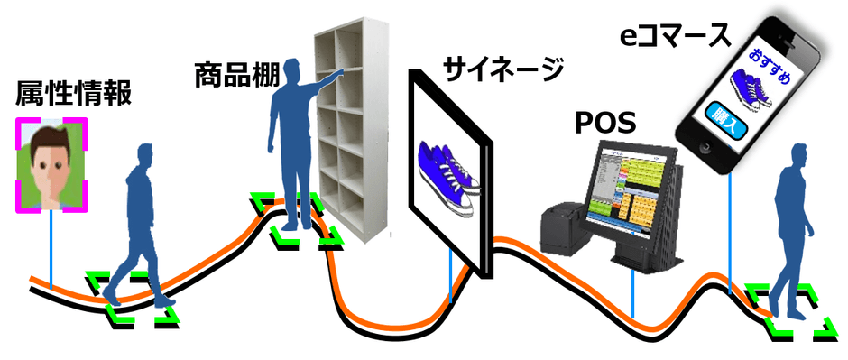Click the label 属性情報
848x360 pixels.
point(73,93)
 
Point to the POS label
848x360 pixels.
point(605,121)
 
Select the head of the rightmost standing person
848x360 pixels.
point(798,153)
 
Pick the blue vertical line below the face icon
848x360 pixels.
point(51,248)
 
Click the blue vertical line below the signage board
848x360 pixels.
point(450,275)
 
